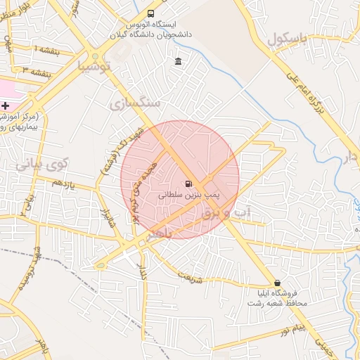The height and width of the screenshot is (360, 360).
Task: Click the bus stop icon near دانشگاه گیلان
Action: click(151, 13)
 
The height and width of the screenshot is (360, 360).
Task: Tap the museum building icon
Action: click(178, 61)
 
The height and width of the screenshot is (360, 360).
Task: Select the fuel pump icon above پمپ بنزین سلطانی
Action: click(188, 184)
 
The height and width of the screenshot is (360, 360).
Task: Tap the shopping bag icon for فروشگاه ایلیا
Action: click(277, 283)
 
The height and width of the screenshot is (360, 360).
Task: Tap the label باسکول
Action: click(288, 39)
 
